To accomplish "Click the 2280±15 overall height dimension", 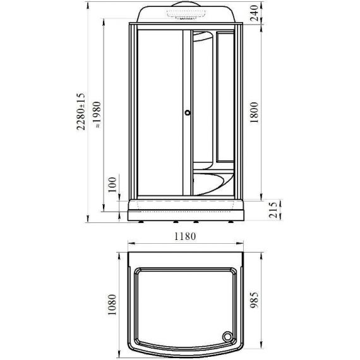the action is coord(81,111).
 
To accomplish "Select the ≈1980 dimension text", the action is coord(97,114).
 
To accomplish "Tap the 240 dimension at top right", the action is coord(254,13).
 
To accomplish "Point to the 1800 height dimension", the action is coord(254,112).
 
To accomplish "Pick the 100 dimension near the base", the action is coord(112,184).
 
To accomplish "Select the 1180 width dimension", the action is coord(185,236).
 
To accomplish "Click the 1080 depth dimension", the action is coord(112,304).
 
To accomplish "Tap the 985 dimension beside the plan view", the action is coord(254,300).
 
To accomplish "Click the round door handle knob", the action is coord(188,112).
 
